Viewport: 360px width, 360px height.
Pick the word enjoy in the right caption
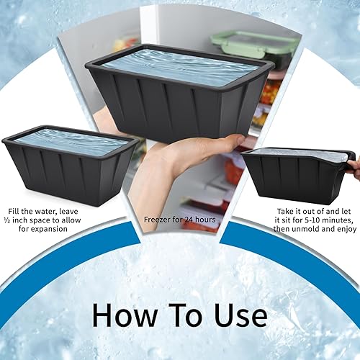tap(346, 228)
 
